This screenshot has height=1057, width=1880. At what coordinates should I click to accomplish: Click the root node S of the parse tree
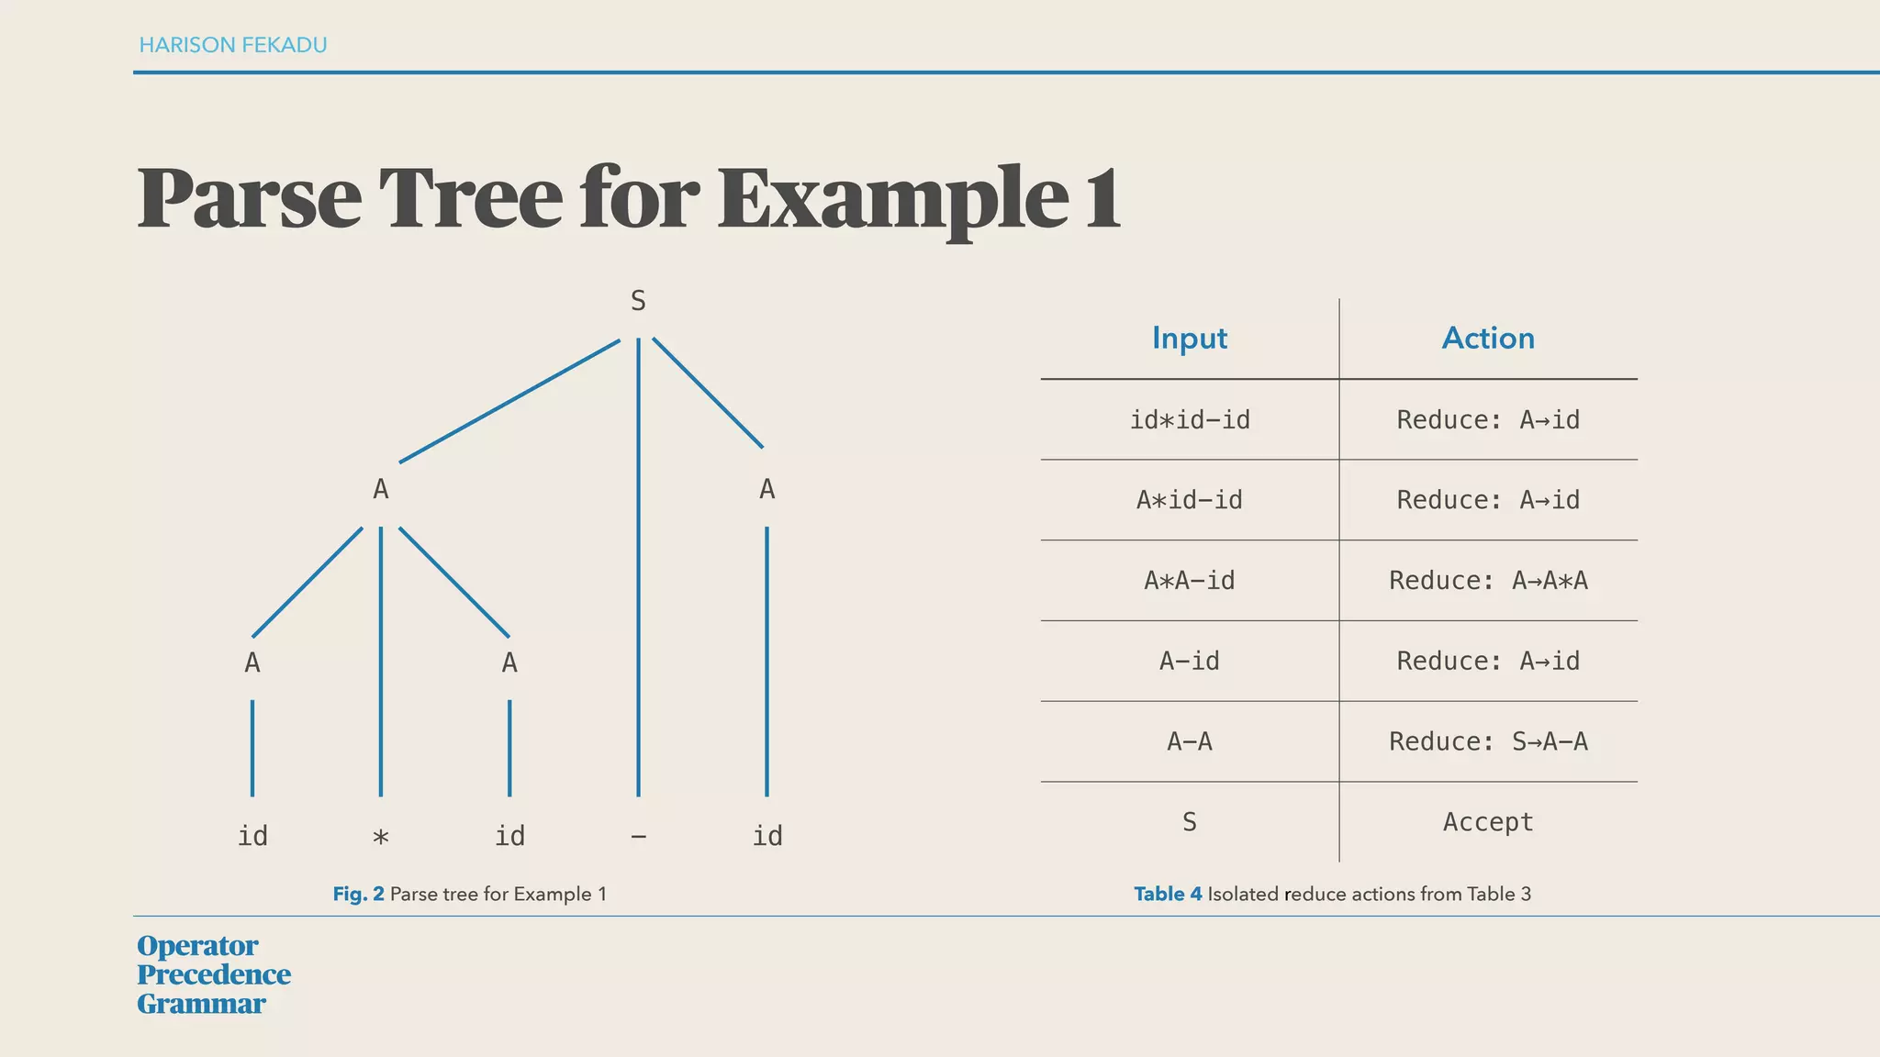638,301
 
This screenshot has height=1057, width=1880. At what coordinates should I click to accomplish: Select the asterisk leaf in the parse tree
381,837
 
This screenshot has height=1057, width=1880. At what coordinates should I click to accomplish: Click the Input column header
1189,339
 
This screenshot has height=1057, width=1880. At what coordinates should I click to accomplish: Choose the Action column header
1488,339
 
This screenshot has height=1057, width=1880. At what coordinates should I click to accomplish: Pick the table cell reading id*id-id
1190,420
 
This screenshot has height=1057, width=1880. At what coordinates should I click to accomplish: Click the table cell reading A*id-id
1190,500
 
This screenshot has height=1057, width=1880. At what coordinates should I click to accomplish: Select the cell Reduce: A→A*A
1488,581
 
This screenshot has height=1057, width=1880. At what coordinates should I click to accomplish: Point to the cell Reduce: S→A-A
1488,741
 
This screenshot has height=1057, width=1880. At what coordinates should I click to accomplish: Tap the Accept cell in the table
1488,822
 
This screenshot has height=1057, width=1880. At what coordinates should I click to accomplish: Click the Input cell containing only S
1190,822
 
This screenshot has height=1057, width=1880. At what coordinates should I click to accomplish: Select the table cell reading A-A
1190,741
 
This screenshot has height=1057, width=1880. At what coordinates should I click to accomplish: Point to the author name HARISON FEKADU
233,45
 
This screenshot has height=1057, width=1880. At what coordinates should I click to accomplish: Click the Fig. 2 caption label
358,894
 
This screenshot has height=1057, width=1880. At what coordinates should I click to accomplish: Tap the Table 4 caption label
1168,894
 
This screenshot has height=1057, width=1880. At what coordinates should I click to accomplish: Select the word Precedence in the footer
214,974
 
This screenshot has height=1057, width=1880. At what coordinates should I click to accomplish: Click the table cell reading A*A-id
1190,581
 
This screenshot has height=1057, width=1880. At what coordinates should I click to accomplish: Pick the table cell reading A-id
1190,661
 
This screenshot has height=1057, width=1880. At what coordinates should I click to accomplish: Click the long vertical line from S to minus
638,569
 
